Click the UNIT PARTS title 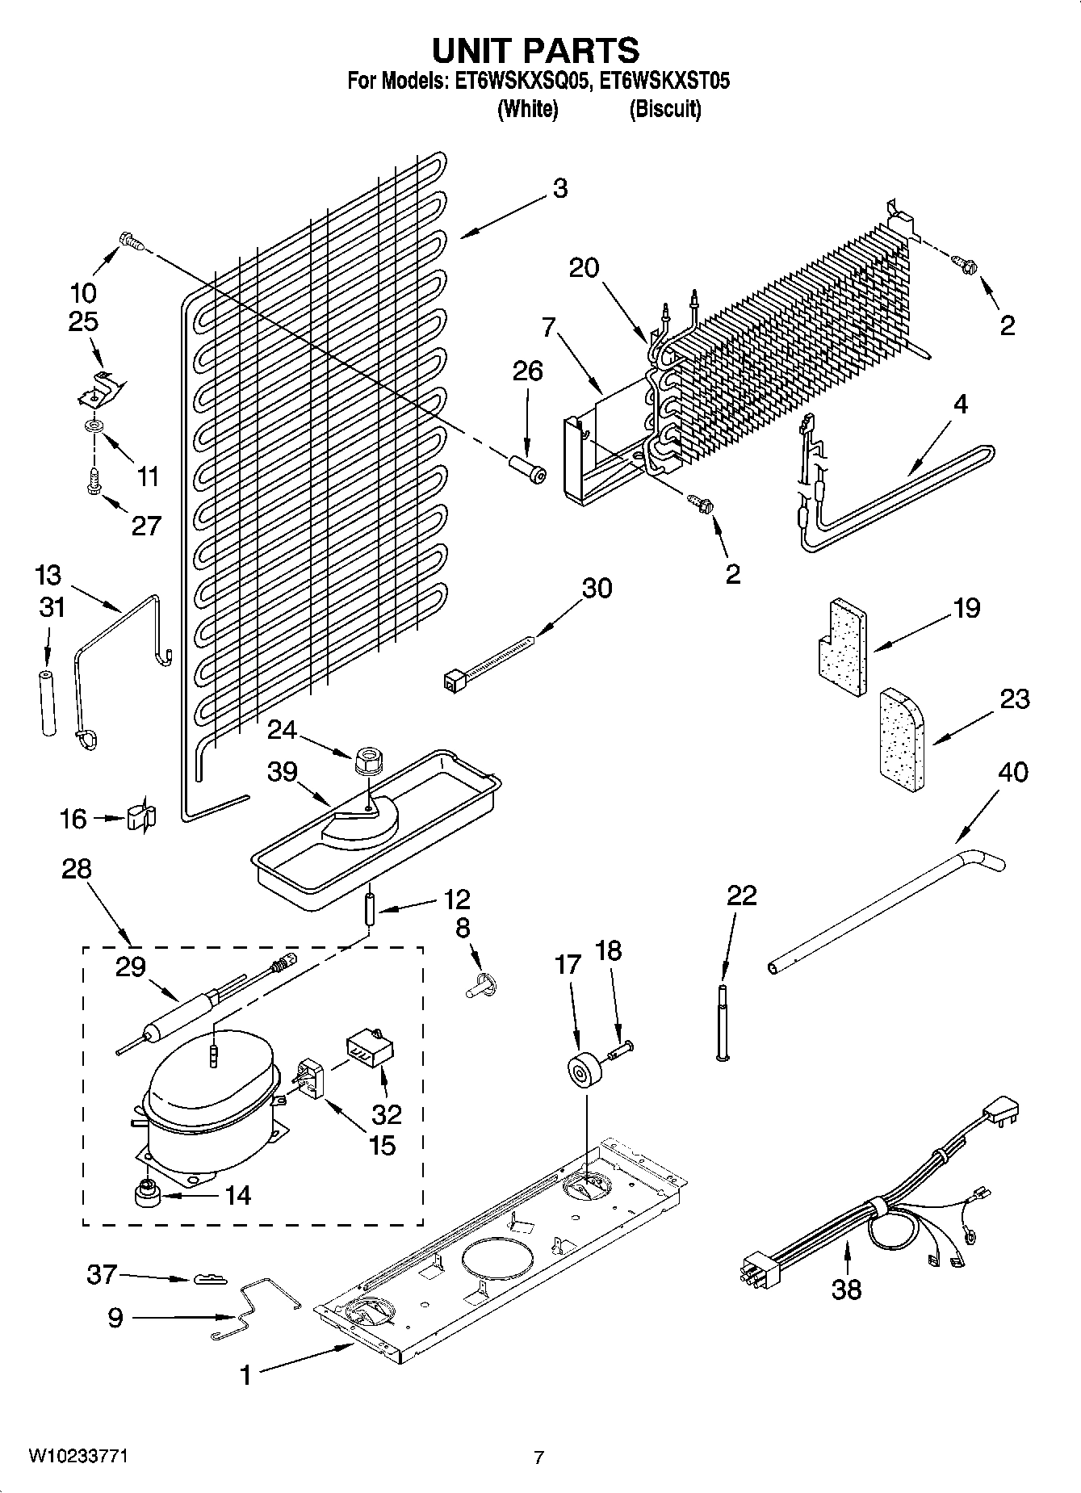click(536, 50)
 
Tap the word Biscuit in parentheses click(664, 109)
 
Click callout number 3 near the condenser click(559, 189)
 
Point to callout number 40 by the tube click(1013, 772)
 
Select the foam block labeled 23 click(903, 737)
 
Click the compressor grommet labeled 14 click(146, 1193)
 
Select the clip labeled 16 click(141, 817)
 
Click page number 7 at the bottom click(539, 1457)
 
